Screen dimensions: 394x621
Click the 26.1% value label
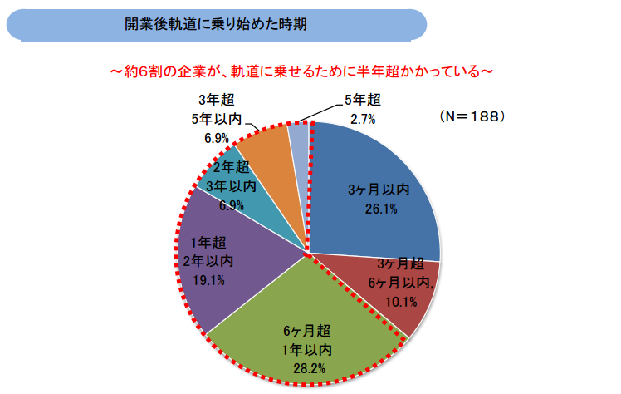[x=380, y=209]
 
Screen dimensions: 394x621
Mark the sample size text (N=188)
[x=472, y=116]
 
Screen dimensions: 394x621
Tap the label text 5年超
[x=362, y=101]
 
